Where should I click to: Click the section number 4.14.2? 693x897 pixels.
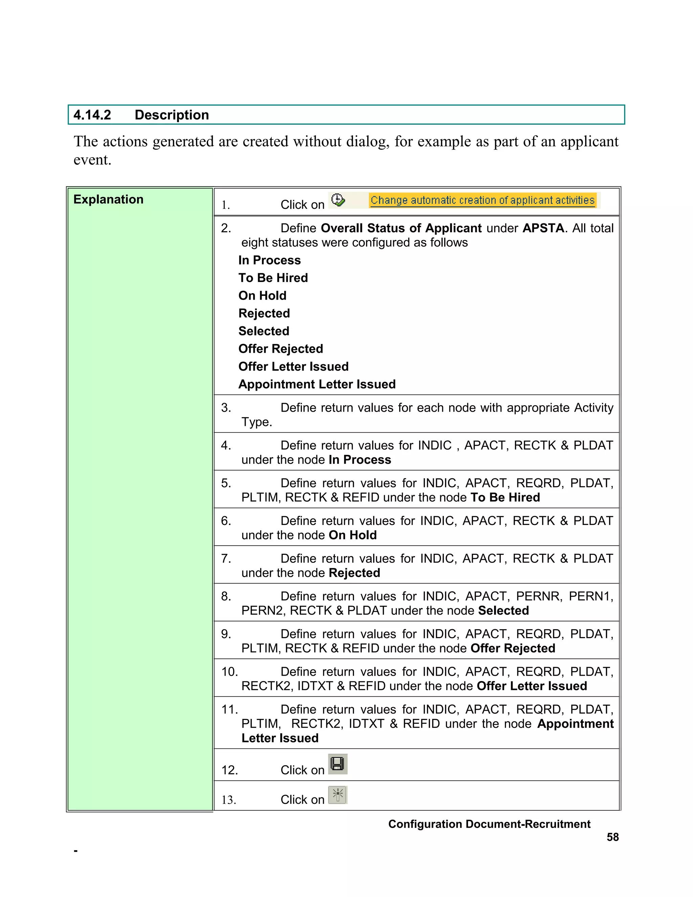[92, 115]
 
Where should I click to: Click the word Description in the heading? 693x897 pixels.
[172, 115]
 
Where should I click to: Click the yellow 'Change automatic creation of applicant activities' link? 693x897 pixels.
[483, 200]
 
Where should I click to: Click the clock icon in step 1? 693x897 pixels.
[338, 200]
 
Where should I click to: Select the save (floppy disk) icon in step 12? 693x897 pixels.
[337, 764]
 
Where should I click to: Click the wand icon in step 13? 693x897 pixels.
[337, 795]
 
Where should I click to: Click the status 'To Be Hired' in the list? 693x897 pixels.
[273, 278]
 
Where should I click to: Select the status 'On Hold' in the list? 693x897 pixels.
[262, 296]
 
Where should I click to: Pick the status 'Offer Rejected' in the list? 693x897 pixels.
[281, 349]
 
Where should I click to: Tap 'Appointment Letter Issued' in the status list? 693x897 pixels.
[317, 385]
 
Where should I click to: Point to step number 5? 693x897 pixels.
[226, 483]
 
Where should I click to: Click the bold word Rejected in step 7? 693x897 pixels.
[354, 573]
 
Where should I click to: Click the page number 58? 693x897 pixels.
[612, 837]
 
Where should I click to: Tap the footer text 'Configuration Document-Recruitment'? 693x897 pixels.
[489, 824]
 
